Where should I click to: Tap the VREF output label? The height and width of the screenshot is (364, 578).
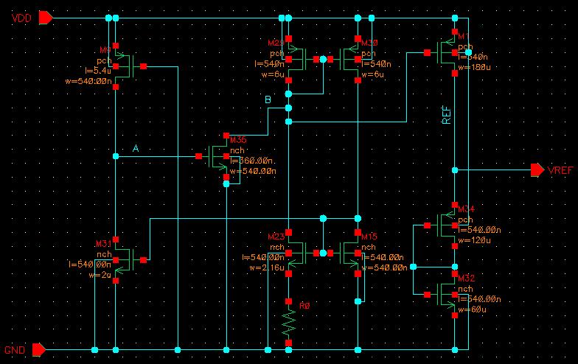(x=561, y=170)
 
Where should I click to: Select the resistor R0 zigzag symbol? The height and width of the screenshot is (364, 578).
(x=288, y=321)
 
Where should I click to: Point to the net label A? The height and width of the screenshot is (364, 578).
(x=136, y=149)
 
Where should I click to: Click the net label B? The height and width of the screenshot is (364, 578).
(x=268, y=99)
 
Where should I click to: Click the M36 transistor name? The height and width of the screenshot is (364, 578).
(x=238, y=139)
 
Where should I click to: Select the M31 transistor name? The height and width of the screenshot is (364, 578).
(x=103, y=244)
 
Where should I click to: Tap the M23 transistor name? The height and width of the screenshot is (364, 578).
(x=276, y=237)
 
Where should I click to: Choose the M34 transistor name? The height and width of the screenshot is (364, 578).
(x=467, y=210)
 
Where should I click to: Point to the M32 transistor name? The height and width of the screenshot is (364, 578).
(x=467, y=279)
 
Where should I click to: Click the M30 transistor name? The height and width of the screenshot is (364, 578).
(x=368, y=43)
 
